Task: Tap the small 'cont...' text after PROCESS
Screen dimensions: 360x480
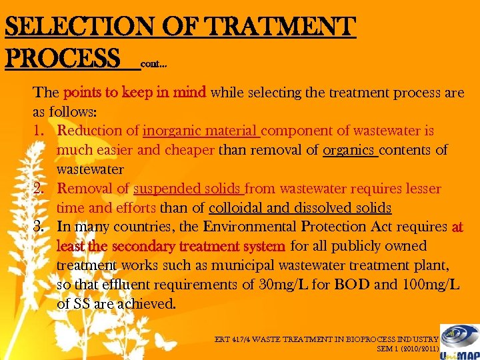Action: click(153, 65)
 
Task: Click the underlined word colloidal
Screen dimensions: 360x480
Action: click(237, 208)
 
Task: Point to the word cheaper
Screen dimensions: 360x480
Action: click(189, 150)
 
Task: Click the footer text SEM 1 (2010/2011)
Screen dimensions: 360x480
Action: click(407, 348)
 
